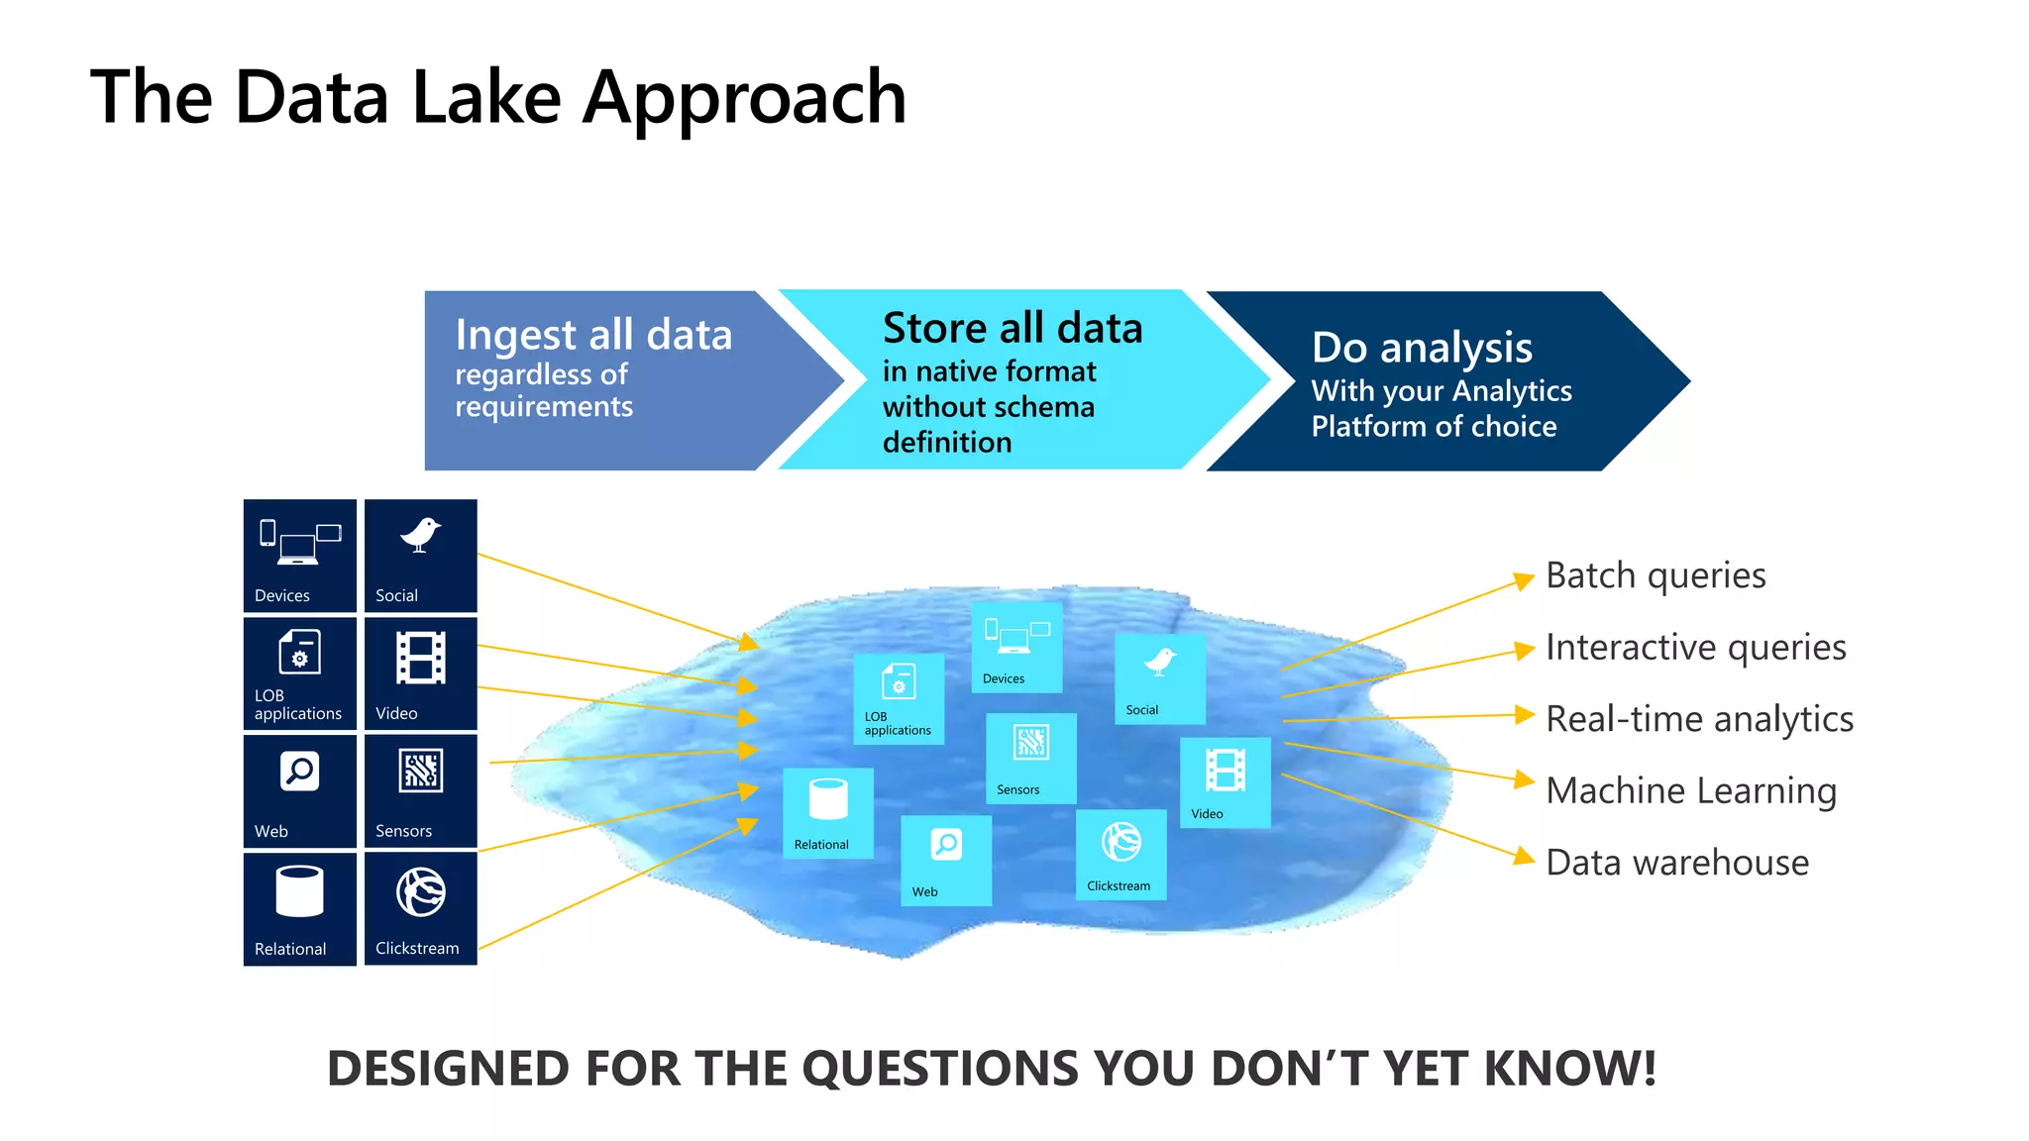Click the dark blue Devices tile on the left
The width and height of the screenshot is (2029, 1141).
pyautogui.click(x=299, y=556)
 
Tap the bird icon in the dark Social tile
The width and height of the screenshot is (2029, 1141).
pyautogui.click(x=420, y=535)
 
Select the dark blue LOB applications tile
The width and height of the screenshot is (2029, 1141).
pyautogui.click(x=299, y=674)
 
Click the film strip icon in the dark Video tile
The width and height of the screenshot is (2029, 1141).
pyautogui.click(x=421, y=658)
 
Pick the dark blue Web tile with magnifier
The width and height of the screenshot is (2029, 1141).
pyautogui.click(x=299, y=790)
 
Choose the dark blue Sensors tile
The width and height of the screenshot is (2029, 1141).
pyautogui.click(x=420, y=790)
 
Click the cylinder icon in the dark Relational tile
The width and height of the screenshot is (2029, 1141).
pyautogui.click(x=299, y=891)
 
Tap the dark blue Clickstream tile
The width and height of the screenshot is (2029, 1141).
pyautogui.click(x=420, y=908)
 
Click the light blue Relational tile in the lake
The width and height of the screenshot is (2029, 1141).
pyautogui.click(x=828, y=812)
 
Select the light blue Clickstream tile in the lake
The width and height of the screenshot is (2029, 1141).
pyautogui.click(x=1121, y=855)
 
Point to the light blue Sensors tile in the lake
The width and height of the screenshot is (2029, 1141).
pyautogui.click(x=1030, y=758)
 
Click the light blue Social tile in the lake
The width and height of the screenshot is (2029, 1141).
pyautogui.click(x=1159, y=678)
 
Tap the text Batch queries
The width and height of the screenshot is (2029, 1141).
pyautogui.click(x=1655, y=575)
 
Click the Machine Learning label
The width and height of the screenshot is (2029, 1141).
pyautogui.click(x=1691, y=790)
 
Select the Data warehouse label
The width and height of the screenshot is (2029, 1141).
pyautogui.click(x=1677, y=863)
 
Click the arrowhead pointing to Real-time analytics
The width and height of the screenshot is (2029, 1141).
pyautogui.click(x=1525, y=715)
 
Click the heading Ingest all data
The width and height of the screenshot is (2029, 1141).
pyautogui.click(x=593, y=335)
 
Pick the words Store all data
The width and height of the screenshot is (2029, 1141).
pyautogui.click(x=1013, y=328)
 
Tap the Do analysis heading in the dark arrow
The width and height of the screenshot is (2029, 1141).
pyautogui.click(x=1422, y=348)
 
